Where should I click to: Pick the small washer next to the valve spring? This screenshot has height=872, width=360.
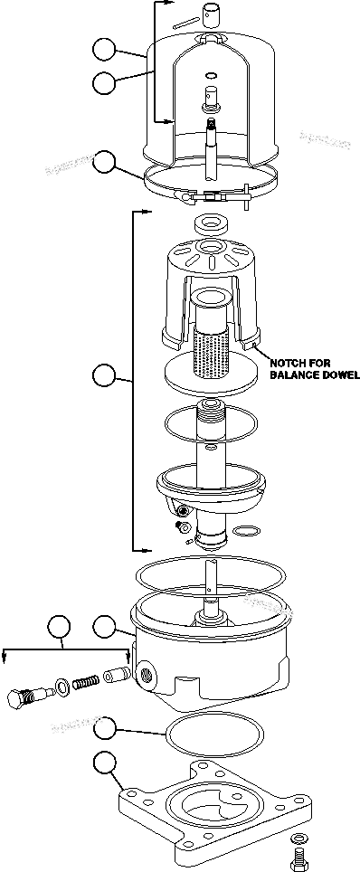pos(59,688)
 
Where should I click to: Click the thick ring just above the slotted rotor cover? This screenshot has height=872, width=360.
pos(210,221)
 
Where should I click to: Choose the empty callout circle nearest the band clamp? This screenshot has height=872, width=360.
pos(106,163)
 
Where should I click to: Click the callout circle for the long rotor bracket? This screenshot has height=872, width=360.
pos(106,373)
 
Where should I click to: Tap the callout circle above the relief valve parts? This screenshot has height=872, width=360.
pos(60,627)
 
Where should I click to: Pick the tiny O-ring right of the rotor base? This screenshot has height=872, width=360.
pos(247,530)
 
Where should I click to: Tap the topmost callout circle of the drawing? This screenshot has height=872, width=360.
pos(106,49)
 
